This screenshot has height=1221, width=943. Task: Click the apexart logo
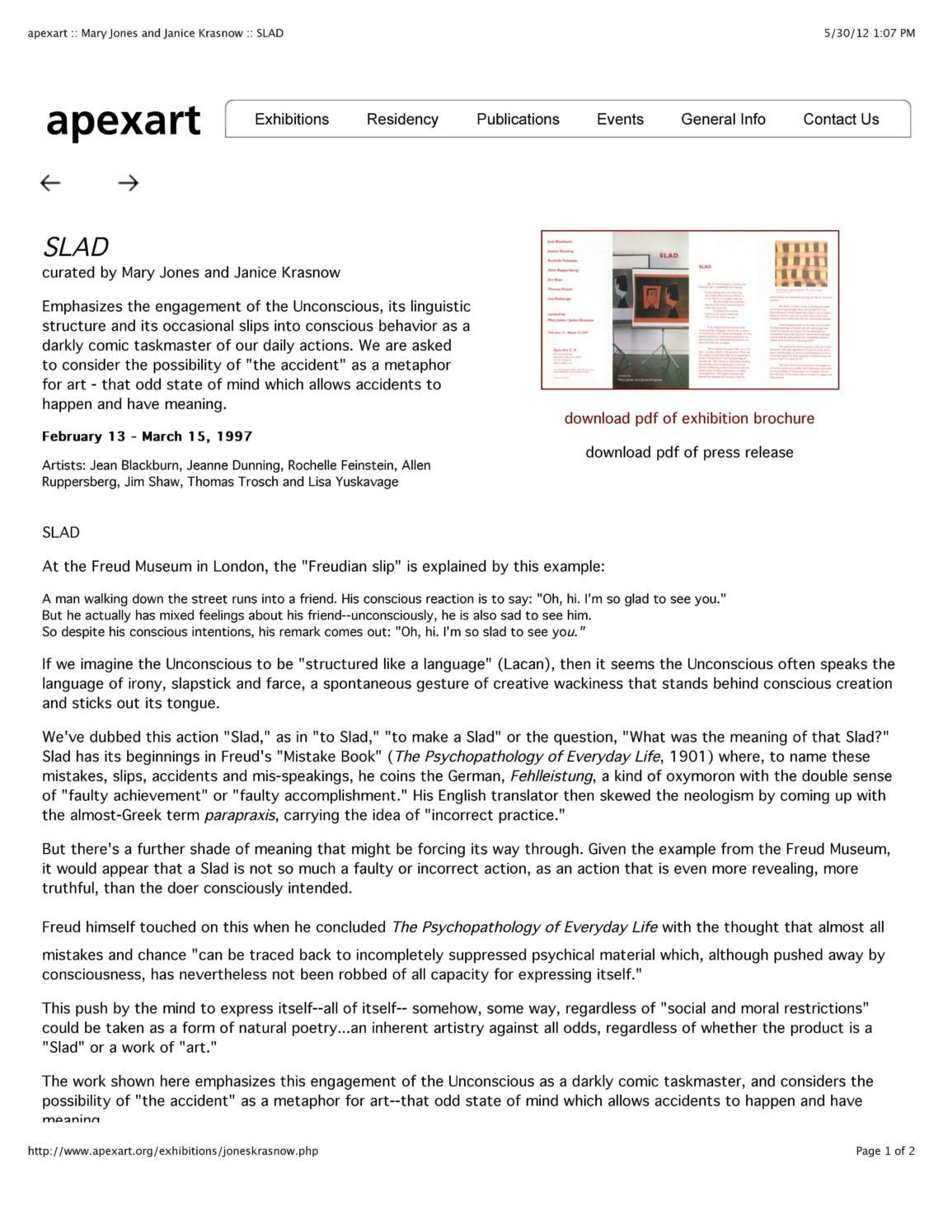coord(123,120)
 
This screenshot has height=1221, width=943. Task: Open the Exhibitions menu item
coord(292,119)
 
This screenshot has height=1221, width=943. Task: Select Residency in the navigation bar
coord(402,119)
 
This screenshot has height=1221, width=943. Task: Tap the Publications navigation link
coord(518,119)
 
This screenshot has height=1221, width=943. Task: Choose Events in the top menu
coord(620,119)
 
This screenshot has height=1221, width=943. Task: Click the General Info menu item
coord(723,119)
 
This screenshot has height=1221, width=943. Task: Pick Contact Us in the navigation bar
coord(841,119)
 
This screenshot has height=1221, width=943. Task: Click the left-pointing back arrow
coord(50,183)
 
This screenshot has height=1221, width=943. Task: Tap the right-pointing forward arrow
coord(128,183)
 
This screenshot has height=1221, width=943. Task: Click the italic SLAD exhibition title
coord(75,247)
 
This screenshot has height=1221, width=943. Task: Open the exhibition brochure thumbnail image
coord(689,309)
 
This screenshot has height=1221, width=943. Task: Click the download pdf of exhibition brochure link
coord(689,418)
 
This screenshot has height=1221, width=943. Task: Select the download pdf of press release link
coord(689,452)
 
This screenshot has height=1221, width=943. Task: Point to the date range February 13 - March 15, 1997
coord(147,436)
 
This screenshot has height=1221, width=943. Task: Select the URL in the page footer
coord(173,1151)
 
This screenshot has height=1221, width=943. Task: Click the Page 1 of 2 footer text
coord(884,1151)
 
